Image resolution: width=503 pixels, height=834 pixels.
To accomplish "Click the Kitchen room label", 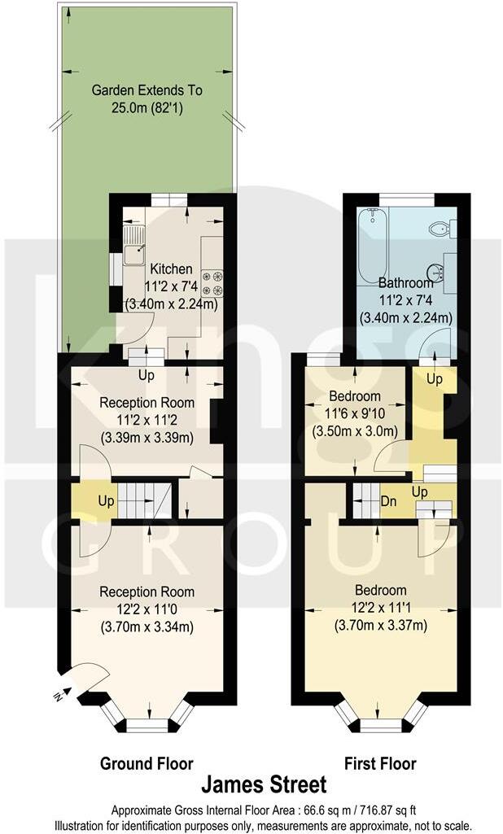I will (x=169, y=269).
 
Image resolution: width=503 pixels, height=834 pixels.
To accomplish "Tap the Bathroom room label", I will (x=406, y=283).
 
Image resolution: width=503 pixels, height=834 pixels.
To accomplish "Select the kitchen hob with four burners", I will (x=212, y=283).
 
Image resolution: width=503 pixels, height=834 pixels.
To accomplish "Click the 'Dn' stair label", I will (x=389, y=501).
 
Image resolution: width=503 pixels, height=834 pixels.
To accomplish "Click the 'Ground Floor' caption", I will (x=147, y=764).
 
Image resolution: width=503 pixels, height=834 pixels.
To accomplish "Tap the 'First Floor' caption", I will (x=380, y=764).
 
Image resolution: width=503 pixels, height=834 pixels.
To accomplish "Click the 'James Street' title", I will (x=264, y=785).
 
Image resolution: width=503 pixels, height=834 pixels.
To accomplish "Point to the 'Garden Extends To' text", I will (x=147, y=90).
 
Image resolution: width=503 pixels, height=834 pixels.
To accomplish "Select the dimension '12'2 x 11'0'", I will (x=147, y=609).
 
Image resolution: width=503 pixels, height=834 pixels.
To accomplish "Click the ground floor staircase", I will (x=145, y=500).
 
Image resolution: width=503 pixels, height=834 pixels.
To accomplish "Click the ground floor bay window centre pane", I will (x=147, y=725).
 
